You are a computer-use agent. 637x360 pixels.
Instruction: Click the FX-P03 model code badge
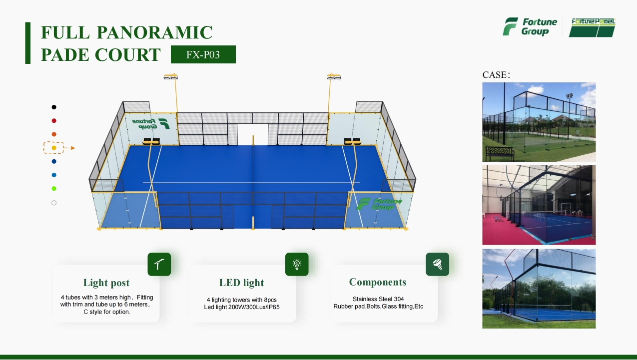tap(203, 54)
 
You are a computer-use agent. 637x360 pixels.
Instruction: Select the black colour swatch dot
tap(54, 107)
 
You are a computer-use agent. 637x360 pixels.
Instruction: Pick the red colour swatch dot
tap(54, 121)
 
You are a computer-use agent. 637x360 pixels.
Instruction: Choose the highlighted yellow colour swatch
tap(54, 148)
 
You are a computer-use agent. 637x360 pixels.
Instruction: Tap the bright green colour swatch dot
tap(54, 189)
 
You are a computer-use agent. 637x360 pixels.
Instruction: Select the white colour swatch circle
tap(54, 203)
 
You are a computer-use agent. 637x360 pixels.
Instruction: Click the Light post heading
tap(106, 283)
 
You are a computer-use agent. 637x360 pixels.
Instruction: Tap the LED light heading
tap(241, 283)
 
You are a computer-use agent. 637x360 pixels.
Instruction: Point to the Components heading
tap(378, 282)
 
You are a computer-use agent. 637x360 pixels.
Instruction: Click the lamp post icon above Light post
tap(159, 264)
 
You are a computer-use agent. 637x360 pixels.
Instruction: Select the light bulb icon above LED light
tap(297, 264)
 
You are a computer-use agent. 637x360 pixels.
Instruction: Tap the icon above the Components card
tap(437, 264)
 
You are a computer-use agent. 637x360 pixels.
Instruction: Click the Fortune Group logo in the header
tap(530, 27)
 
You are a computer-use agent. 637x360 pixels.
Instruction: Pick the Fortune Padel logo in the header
tap(593, 27)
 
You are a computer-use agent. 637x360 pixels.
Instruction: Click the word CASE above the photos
tap(495, 75)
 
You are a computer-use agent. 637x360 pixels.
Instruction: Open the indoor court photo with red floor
tap(539, 205)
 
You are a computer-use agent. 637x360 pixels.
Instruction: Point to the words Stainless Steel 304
tap(378, 299)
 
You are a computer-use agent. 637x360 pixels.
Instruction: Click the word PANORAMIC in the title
tap(155, 32)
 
